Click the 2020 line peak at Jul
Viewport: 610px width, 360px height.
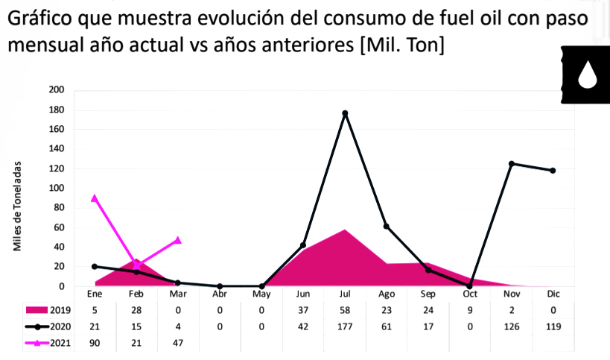(345, 113)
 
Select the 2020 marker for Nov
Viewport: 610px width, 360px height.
(512, 163)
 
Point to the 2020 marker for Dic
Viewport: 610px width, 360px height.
(553, 171)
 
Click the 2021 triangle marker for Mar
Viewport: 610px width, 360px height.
(178, 240)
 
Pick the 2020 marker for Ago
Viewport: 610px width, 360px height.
(386, 227)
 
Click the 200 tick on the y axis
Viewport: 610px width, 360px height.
(77, 90)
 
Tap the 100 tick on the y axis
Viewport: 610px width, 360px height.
(77, 188)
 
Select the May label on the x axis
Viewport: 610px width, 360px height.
(261, 293)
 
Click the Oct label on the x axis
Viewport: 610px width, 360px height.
(469, 293)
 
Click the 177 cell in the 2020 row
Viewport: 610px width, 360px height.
(345, 326)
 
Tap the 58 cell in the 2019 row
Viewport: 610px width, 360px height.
(345, 309)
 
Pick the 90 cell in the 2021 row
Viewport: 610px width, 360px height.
(95, 342)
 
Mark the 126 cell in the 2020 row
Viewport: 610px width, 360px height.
(512, 326)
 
